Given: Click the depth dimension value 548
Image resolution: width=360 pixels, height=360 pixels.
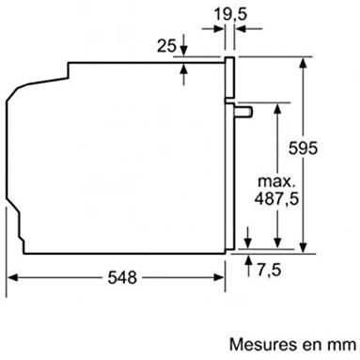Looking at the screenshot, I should (122, 277).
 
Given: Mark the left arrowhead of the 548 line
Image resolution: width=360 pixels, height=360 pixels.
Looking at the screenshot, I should (13, 277).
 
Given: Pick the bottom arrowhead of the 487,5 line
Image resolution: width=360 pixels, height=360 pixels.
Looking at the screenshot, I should (279, 243).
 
